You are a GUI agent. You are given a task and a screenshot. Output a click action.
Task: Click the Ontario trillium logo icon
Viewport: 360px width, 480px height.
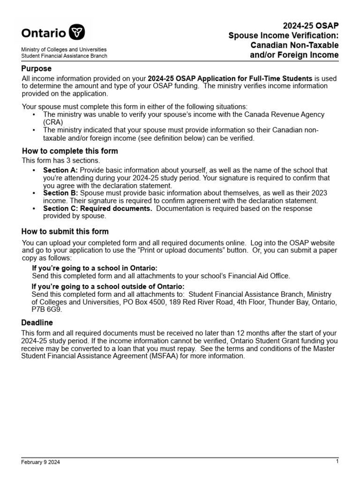77,33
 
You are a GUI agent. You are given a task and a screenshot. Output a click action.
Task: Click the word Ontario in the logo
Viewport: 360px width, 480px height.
44,33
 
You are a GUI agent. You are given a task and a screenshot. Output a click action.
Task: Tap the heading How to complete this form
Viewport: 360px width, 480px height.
70,151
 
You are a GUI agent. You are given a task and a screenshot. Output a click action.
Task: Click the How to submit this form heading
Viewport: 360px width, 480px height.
65,232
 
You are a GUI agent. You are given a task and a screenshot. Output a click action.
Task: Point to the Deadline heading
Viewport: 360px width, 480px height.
37,323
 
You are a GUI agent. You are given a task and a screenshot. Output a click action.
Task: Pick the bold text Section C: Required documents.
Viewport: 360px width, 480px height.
97,209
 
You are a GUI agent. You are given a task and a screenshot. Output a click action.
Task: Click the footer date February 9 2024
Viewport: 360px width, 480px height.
40,462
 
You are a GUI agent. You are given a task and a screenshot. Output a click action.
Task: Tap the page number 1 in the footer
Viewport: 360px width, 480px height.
337,462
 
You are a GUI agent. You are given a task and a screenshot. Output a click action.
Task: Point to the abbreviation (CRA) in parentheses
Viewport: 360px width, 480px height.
53,122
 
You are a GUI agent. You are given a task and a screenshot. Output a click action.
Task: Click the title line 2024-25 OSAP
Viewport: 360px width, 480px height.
310,26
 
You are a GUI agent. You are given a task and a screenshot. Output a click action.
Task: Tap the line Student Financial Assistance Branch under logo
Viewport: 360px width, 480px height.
64,56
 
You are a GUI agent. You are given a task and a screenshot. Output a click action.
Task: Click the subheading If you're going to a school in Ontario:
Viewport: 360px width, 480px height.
95,268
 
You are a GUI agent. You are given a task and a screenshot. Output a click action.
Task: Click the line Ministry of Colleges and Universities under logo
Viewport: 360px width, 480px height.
64,49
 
